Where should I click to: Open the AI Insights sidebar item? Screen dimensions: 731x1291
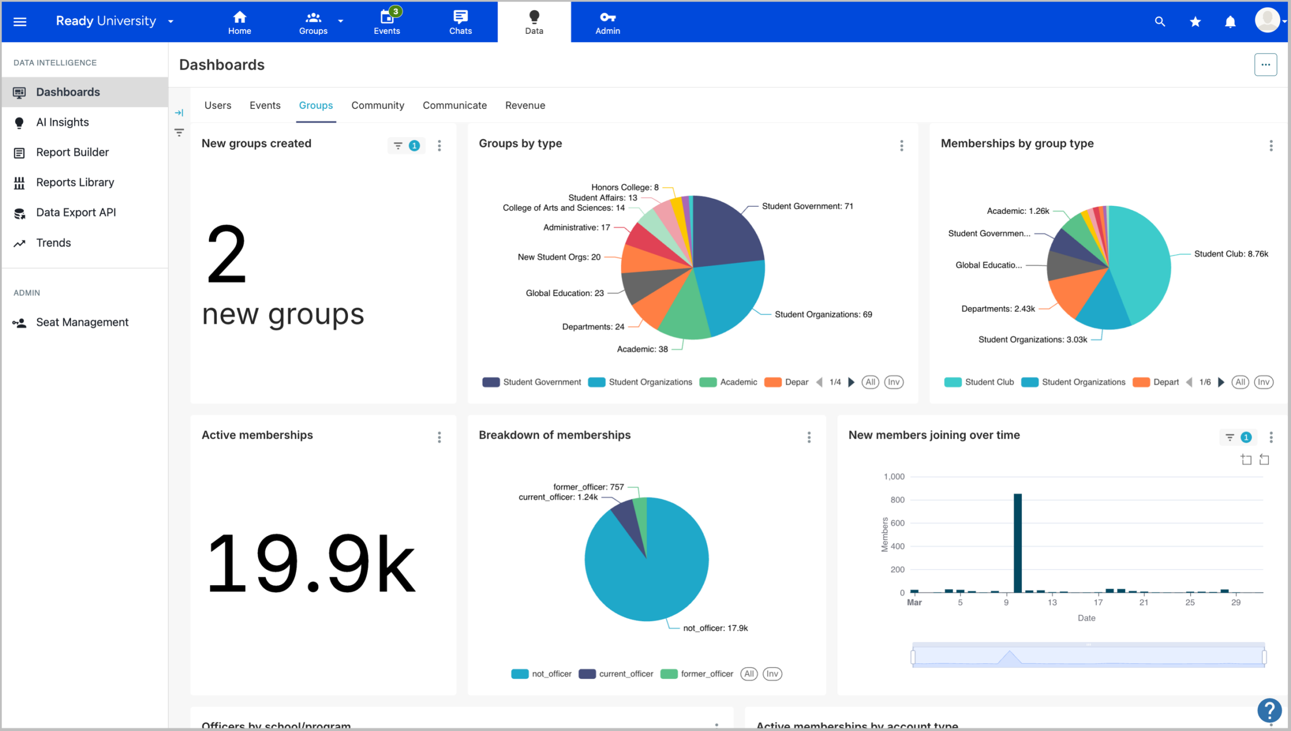pos(62,123)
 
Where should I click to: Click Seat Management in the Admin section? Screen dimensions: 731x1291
pos(82,322)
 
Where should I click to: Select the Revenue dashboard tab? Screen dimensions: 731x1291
pos(525,105)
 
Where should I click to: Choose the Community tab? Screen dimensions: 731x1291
pos(378,105)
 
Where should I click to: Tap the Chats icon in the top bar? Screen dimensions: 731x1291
pos(460,22)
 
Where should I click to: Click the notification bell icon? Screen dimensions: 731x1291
pos(1230,22)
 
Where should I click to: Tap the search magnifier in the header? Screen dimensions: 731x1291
pos(1160,22)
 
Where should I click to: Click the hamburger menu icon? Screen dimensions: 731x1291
pos(20,22)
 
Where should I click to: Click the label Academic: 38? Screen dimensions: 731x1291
pos(642,349)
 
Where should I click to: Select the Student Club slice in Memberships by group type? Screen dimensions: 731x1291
pos(1142,262)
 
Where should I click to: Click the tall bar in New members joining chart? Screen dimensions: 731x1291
pos(1018,542)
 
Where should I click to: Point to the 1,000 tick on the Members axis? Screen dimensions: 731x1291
pos(894,477)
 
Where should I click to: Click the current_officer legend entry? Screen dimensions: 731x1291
pos(616,674)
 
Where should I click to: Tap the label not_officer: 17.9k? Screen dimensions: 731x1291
pos(715,628)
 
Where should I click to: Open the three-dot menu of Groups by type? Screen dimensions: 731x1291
pos(902,146)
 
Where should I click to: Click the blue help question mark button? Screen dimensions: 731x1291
pos(1269,710)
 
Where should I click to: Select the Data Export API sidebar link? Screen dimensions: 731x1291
pos(76,212)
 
